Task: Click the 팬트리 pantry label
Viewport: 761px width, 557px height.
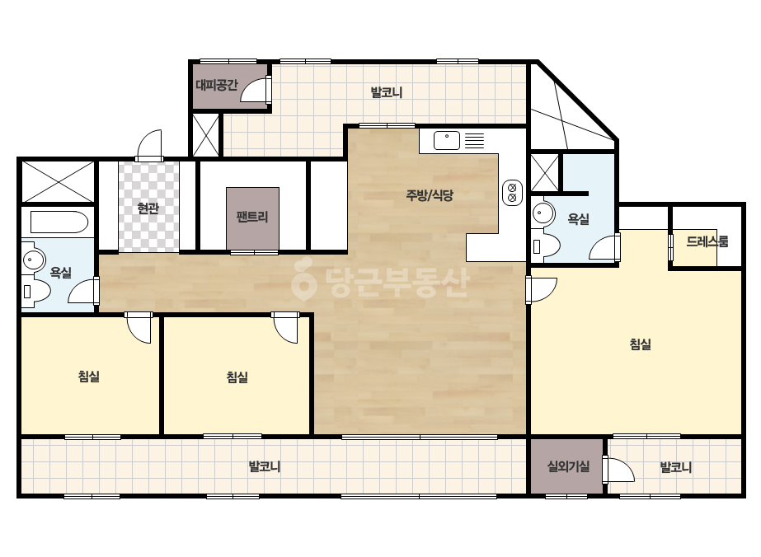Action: (x=252, y=217)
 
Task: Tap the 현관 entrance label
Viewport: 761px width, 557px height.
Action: (x=148, y=208)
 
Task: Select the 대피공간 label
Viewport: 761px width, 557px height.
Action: (x=217, y=86)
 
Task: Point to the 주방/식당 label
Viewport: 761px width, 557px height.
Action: (x=430, y=195)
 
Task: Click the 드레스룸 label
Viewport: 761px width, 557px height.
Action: (x=707, y=241)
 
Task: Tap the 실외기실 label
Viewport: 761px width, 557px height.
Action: (x=568, y=466)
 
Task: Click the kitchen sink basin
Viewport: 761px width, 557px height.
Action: (x=447, y=141)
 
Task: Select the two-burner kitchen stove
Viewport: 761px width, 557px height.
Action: (x=512, y=193)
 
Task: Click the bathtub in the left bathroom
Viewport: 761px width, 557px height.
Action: (x=59, y=222)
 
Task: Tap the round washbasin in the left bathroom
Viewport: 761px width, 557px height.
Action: (x=33, y=260)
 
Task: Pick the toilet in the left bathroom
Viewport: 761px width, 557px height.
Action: (x=36, y=292)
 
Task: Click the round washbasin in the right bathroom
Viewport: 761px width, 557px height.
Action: (x=543, y=213)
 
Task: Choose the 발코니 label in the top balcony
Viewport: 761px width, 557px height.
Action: (x=387, y=92)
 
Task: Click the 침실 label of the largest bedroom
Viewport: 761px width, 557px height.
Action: (x=640, y=344)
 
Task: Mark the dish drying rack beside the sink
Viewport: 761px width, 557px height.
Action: (x=475, y=141)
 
